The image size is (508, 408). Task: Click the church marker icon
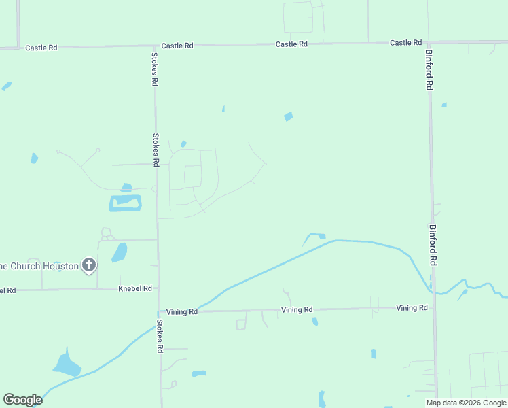[x=89, y=265]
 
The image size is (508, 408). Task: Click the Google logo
[x=22, y=400]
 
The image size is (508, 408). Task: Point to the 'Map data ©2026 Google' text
[x=466, y=403]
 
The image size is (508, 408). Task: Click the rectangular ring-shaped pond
[x=126, y=203]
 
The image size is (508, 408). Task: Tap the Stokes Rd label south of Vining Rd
[x=160, y=336]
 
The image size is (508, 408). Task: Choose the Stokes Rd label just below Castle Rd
[x=155, y=69]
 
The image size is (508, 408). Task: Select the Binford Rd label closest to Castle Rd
[x=429, y=69]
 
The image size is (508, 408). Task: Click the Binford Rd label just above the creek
[x=433, y=245]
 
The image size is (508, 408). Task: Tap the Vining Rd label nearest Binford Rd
[x=412, y=308]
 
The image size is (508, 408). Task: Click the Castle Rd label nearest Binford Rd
[x=405, y=42]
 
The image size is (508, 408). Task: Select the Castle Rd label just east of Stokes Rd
[x=177, y=46]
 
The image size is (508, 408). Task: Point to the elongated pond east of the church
[x=120, y=253]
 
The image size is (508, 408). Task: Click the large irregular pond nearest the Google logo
[x=67, y=364]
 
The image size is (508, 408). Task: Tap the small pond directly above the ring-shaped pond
[x=126, y=188]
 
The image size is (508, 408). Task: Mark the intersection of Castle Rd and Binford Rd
[x=429, y=42]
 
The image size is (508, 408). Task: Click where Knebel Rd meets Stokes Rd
[x=158, y=288]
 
